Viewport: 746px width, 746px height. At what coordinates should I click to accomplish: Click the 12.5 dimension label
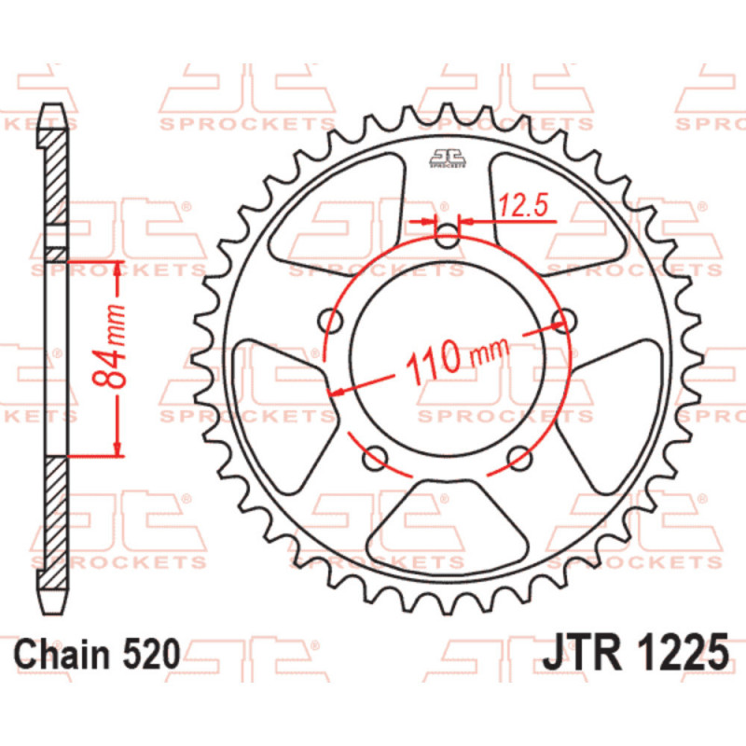tap(523, 205)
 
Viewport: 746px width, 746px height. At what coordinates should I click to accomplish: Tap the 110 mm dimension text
tap(457, 359)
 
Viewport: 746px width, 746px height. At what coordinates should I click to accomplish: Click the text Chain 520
tap(98, 655)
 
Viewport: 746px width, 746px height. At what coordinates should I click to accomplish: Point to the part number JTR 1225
tap(635, 652)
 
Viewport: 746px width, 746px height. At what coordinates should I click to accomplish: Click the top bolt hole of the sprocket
tap(448, 236)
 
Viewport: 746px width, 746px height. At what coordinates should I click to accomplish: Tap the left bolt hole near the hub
tap(330, 321)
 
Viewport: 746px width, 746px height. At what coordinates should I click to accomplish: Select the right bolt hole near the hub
tap(564, 321)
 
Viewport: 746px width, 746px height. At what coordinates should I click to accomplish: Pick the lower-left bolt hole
tap(375, 458)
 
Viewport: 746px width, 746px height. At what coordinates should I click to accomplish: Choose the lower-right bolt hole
tap(519, 458)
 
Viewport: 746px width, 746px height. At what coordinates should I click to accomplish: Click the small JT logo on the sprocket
tap(448, 158)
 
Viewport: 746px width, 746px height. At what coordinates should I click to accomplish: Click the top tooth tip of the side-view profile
tap(53, 104)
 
